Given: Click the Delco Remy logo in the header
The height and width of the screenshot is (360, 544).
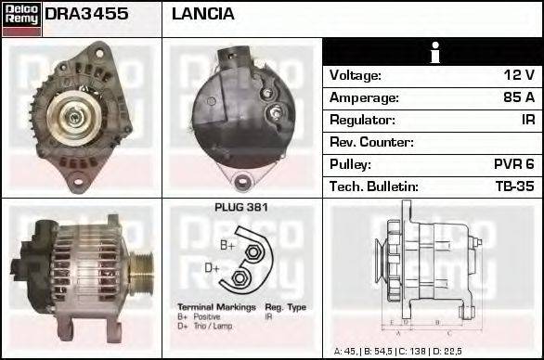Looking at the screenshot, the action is click(x=21, y=19).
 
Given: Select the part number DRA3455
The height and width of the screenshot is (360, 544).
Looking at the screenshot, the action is click(x=86, y=14).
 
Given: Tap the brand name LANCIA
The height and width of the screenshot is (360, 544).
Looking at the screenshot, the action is click(x=203, y=14).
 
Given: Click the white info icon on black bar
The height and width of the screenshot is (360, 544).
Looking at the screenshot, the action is click(x=435, y=52).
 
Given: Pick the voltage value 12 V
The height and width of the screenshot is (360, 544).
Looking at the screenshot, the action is click(x=519, y=75).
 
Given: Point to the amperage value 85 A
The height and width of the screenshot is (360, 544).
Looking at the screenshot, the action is click(x=519, y=97).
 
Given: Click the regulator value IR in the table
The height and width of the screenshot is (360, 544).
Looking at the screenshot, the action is click(x=528, y=120).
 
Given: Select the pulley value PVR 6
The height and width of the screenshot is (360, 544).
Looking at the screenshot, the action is click(x=513, y=164).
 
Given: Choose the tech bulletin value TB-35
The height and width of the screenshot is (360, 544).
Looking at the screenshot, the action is click(x=515, y=186).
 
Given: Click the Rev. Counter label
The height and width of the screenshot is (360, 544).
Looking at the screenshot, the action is click(x=371, y=142).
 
